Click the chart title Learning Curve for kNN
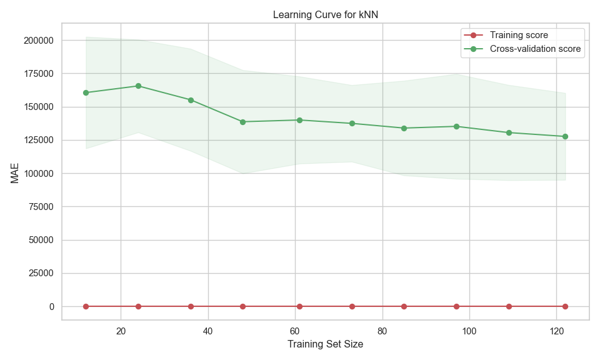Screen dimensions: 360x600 (325, 15)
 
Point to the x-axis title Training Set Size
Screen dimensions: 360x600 (325, 344)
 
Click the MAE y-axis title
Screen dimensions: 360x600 (15, 173)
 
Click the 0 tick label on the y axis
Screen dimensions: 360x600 (51, 306)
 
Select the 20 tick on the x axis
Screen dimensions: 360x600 (121, 330)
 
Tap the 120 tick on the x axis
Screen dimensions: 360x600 (556, 330)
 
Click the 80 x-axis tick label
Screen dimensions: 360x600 (382, 330)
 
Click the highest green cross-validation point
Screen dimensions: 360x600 (138, 86)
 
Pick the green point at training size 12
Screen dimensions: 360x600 (86, 92)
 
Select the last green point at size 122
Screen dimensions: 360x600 (565, 136)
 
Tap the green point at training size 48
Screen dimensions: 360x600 (242, 122)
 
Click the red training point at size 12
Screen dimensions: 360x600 (86, 306)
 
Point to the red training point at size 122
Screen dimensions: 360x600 (565, 306)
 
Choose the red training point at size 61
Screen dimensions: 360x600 (299, 306)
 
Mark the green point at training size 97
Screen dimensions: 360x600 (456, 126)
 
